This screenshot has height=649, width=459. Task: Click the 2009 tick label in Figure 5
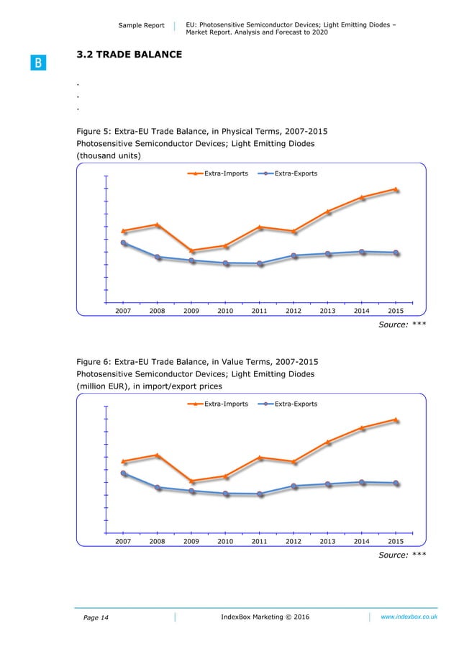(191, 311)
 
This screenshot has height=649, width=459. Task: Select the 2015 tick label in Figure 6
(396, 541)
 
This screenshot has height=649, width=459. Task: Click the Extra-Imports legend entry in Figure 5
(218, 173)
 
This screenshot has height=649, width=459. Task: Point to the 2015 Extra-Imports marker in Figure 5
(395, 189)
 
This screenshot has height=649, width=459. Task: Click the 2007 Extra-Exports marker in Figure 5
(124, 243)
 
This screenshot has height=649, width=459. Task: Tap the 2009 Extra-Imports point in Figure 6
(191, 481)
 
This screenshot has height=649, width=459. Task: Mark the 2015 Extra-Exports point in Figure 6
(395, 483)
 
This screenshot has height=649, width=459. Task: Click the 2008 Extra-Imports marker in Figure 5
(158, 225)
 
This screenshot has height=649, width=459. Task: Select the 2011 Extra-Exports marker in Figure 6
(260, 494)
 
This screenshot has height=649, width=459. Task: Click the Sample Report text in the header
(140, 26)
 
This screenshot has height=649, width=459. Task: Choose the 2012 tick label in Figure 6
(294, 541)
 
